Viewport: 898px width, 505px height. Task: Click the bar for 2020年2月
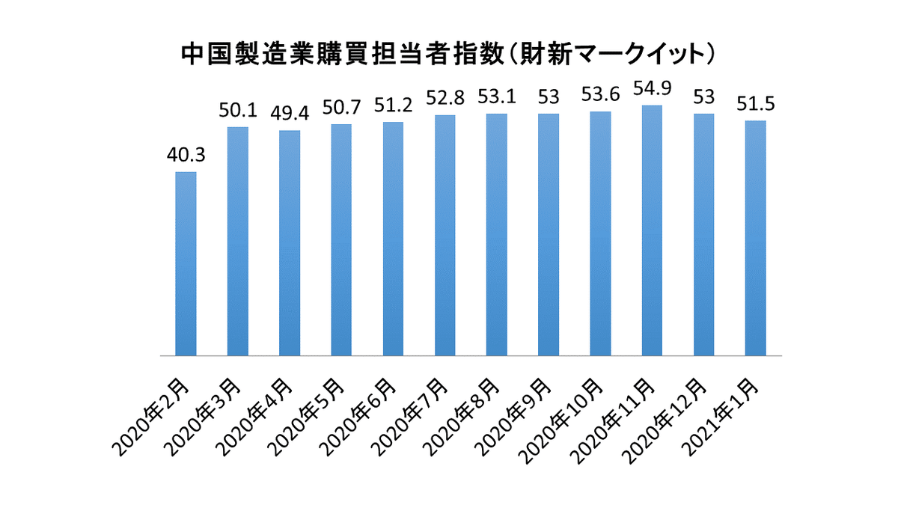186,263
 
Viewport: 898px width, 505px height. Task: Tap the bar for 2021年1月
755,238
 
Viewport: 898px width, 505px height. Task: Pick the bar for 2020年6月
393,239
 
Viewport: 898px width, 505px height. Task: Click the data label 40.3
186,156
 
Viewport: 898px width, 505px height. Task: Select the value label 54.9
652,89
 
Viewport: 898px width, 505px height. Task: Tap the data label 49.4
289,114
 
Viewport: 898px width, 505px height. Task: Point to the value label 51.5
755,105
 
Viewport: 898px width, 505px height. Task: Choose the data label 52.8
445,99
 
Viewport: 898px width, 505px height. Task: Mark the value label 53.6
600,96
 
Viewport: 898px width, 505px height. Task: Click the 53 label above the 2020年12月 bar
703,97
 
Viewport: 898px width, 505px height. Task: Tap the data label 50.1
237,111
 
